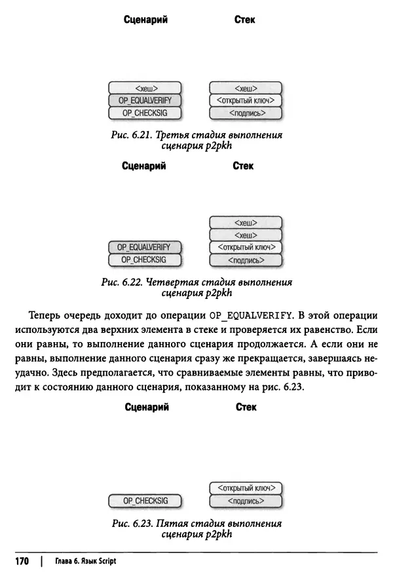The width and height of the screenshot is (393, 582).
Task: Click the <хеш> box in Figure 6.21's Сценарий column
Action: pyautogui.click(x=145, y=88)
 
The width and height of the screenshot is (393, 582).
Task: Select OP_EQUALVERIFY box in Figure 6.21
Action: pyautogui.click(x=145, y=100)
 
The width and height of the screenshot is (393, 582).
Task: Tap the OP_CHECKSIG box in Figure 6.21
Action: pyautogui.click(x=145, y=113)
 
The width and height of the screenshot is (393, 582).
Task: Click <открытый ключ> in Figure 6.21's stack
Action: pyautogui.click(x=245, y=100)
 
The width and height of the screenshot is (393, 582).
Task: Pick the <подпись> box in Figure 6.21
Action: pyautogui.click(x=245, y=113)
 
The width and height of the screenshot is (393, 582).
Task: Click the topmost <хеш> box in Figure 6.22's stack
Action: pyautogui.click(x=245, y=222)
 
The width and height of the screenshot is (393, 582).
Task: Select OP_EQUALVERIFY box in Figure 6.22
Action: pyautogui.click(x=144, y=247)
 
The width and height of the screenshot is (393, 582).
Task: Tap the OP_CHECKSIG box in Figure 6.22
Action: pyautogui.click(x=144, y=260)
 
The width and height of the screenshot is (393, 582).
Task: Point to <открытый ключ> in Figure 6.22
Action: pyautogui.click(x=245, y=247)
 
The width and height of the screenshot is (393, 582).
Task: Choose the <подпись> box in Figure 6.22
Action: pyautogui.click(x=245, y=260)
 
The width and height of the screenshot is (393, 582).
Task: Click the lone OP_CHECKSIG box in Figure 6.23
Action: pyautogui.click(x=145, y=501)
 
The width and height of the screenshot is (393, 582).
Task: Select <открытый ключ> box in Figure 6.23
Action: pyautogui.click(x=245, y=488)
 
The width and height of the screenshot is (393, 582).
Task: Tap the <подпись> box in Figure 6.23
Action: pyautogui.click(x=245, y=501)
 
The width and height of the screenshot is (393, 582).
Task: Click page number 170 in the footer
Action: pyautogui.click(x=23, y=562)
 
